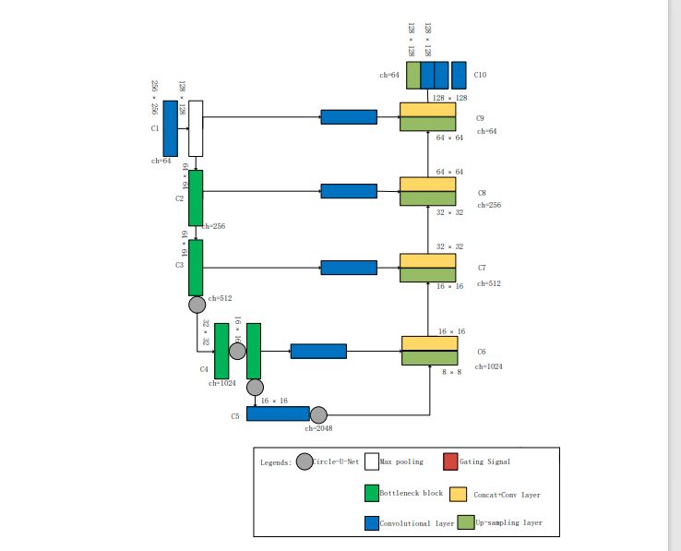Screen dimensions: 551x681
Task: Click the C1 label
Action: pyautogui.click(x=155, y=128)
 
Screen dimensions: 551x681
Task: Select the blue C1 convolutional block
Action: pyautogui.click(x=171, y=128)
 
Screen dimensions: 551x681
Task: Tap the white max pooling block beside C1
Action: pyautogui.click(x=196, y=128)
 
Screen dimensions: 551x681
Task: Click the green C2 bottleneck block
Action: pyautogui.click(x=196, y=198)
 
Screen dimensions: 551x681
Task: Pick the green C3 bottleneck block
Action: pyautogui.click(x=196, y=268)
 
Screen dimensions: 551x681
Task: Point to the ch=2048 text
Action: pyautogui.click(x=318, y=427)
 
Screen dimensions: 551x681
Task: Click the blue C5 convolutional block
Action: pyautogui.click(x=278, y=413)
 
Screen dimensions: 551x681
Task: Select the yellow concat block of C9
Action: pyautogui.click(x=428, y=110)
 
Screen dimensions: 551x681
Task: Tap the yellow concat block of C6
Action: pyautogui.click(x=430, y=343)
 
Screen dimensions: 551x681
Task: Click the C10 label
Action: pyautogui.click(x=480, y=74)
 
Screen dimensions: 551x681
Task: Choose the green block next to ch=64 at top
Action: pyautogui.click(x=413, y=75)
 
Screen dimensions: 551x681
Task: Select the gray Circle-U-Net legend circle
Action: pyautogui.click(x=305, y=461)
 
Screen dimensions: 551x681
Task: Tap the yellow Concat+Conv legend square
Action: pyautogui.click(x=459, y=494)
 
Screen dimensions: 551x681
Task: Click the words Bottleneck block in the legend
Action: pyautogui.click(x=411, y=494)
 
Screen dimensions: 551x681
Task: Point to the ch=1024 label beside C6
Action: pyautogui.click(x=488, y=366)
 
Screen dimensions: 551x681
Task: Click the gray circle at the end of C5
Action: pyautogui.click(x=319, y=414)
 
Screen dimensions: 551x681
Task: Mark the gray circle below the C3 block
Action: pyautogui.click(x=197, y=305)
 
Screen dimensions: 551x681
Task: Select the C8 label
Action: pyautogui.click(x=482, y=193)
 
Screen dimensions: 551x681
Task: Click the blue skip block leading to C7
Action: pyautogui.click(x=349, y=268)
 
